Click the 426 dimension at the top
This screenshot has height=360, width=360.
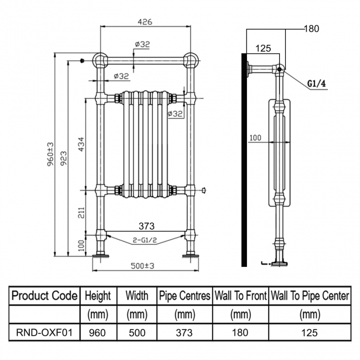tap(145, 22)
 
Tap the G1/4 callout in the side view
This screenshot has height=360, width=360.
tap(316, 84)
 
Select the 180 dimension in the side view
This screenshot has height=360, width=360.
tap(312, 29)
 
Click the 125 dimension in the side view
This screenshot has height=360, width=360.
tap(264, 49)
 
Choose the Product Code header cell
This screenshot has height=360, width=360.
tap(44, 296)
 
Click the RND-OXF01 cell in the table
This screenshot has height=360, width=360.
tap(44, 333)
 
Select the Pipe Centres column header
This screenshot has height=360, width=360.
tap(184, 296)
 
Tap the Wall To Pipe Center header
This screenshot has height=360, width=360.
tap(309, 296)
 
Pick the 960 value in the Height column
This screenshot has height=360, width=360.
tap(99, 333)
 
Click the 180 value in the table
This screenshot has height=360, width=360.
tap(240, 333)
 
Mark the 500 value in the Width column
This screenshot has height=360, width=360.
tap(137, 333)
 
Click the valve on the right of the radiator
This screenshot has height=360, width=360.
tap(205, 191)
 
